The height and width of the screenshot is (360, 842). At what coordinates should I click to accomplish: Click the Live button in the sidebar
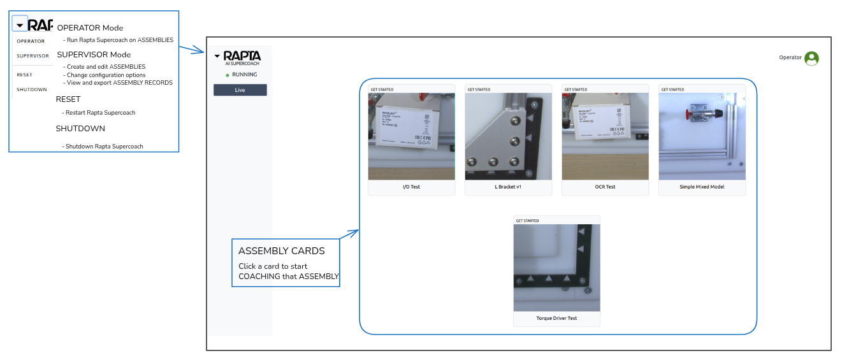point(240,90)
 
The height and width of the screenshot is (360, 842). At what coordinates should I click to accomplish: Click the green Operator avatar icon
point(811,58)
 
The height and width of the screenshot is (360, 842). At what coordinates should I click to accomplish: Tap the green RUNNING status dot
point(228,75)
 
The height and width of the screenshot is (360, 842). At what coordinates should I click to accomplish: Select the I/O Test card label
point(411,187)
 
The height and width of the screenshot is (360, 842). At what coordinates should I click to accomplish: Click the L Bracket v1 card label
point(508,187)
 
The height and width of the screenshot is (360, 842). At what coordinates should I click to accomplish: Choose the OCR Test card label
point(605,187)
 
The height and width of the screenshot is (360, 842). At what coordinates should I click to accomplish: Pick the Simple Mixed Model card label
point(702,187)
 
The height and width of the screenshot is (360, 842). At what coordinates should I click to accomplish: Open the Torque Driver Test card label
point(556,319)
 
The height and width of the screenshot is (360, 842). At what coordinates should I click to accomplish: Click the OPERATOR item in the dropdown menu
point(31,41)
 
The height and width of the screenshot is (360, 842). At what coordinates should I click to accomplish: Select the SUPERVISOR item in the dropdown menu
point(33,56)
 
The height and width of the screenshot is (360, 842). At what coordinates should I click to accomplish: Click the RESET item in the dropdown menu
point(24,75)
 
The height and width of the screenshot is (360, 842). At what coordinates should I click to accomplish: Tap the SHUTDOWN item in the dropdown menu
point(32,90)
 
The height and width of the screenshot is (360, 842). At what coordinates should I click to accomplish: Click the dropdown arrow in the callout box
point(20,25)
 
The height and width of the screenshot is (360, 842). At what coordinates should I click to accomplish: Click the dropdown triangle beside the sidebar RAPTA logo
point(217,56)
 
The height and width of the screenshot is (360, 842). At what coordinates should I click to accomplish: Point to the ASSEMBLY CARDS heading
point(281,251)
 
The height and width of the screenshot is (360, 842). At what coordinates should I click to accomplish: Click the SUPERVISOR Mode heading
point(94,55)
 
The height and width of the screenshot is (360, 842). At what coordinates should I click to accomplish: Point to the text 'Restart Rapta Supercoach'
point(100,113)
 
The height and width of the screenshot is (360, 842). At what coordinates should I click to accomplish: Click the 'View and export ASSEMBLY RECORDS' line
point(119,83)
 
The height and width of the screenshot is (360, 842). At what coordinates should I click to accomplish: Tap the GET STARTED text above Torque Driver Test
point(527,221)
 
